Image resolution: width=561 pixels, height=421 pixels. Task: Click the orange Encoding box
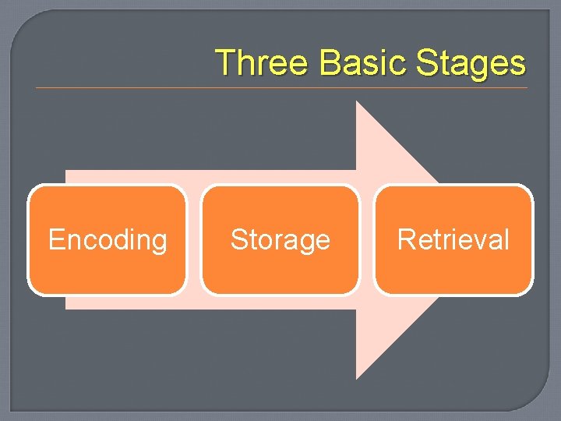point(108,239)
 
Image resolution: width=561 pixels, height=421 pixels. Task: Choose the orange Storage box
point(280,239)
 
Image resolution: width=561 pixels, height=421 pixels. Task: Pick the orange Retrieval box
point(453,239)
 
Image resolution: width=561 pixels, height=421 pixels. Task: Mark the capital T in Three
point(225,62)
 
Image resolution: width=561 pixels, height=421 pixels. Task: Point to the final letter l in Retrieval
point(506,239)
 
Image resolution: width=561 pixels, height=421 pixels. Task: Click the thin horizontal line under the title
point(280,88)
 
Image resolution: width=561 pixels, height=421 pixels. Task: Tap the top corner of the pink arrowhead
point(358,104)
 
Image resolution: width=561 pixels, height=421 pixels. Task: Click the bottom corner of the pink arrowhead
point(358,377)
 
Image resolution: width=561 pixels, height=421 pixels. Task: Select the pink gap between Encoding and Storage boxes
point(194,239)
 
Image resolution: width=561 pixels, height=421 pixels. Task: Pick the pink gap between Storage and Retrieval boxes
point(367,239)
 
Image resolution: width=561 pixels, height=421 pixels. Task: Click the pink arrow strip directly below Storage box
point(280,302)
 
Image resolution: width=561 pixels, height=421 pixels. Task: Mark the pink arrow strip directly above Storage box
point(280,177)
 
